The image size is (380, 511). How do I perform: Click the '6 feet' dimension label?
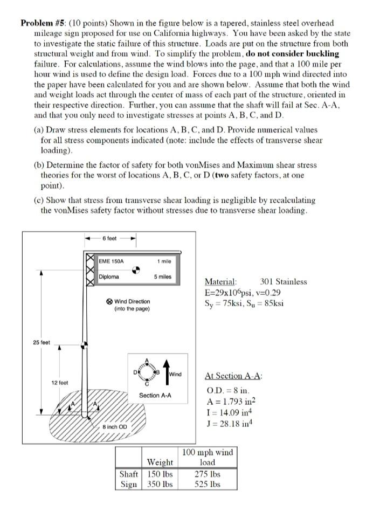coord(110,238)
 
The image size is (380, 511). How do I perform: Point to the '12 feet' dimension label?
coord(59,382)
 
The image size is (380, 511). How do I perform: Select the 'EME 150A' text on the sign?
coord(112,261)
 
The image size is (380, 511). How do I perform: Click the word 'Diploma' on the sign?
coord(109,277)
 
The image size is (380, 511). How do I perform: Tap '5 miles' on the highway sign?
coord(162,277)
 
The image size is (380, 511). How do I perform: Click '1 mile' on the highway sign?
coord(164,261)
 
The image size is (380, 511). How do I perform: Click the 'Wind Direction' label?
coord(132,301)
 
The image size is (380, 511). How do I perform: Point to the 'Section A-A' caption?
coord(155,396)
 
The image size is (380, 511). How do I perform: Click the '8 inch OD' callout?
coord(115,427)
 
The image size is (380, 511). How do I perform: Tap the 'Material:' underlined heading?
coord(220,281)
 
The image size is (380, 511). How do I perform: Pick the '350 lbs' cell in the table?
coord(160,484)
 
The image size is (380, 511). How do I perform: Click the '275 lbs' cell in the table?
coord(208,474)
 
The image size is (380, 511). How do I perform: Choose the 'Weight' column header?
coord(160,462)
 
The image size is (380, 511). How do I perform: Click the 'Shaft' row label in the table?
coord(128,474)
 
